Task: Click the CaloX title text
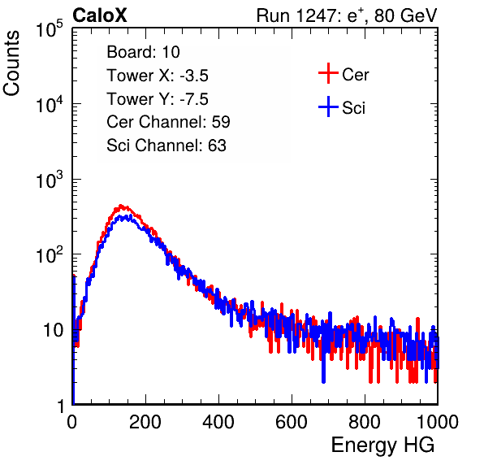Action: click(x=99, y=15)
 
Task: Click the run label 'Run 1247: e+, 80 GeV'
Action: click(x=347, y=15)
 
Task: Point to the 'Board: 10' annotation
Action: click(x=143, y=52)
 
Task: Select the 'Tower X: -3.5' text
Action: click(x=158, y=76)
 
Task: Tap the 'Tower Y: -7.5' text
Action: click(x=158, y=99)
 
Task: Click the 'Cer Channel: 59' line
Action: click(x=168, y=122)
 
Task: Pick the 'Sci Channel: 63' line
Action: click(x=166, y=146)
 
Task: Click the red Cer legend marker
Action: click(x=328, y=73)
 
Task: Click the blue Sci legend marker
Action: click(x=328, y=107)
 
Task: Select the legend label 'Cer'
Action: click(x=355, y=75)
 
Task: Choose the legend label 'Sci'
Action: click(x=354, y=108)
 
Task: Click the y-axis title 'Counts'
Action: click(x=11, y=63)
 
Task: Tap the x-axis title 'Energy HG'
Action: click(x=382, y=445)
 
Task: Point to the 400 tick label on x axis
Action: click(x=218, y=422)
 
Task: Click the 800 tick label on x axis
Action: click(x=365, y=422)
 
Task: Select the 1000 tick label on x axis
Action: click(x=438, y=422)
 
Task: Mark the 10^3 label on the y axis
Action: click(x=50, y=180)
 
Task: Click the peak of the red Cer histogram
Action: click(x=121, y=206)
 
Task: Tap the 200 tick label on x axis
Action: click(x=145, y=422)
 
